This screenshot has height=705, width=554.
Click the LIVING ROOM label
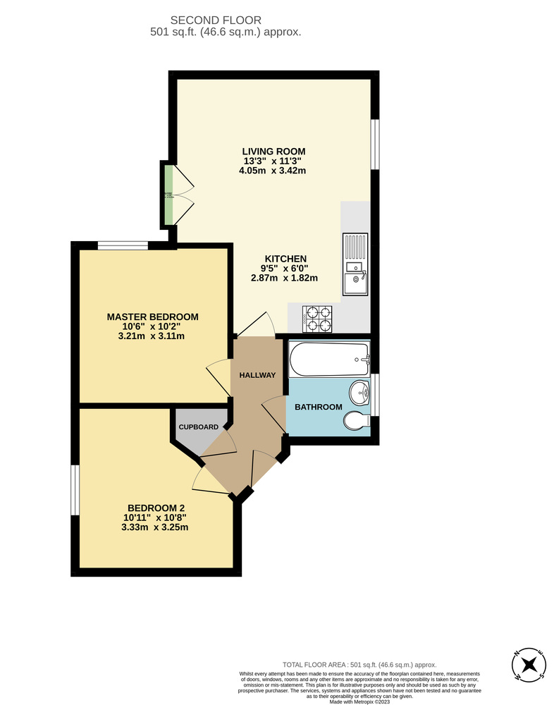tap(273, 151)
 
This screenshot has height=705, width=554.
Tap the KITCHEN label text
tap(285, 258)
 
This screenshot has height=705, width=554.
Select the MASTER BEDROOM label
tap(152, 317)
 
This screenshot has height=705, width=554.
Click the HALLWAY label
tap(257, 374)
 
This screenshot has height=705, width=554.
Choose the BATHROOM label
tap(318, 407)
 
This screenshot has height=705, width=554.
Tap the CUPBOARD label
tap(198, 427)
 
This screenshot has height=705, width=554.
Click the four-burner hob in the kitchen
tap(317, 318)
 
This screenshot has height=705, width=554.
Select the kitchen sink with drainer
tap(355, 264)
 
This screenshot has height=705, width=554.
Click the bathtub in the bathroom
tap(329, 359)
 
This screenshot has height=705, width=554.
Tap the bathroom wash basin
tap(359, 393)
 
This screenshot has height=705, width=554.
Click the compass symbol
tap(529, 664)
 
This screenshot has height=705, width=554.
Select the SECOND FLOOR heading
tap(226, 20)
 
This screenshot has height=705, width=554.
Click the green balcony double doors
tap(170, 195)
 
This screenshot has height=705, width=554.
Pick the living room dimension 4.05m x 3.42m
tap(273, 171)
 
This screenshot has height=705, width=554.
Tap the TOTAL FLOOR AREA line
tap(359, 664)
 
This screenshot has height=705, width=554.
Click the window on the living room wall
tap(376, 145)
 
